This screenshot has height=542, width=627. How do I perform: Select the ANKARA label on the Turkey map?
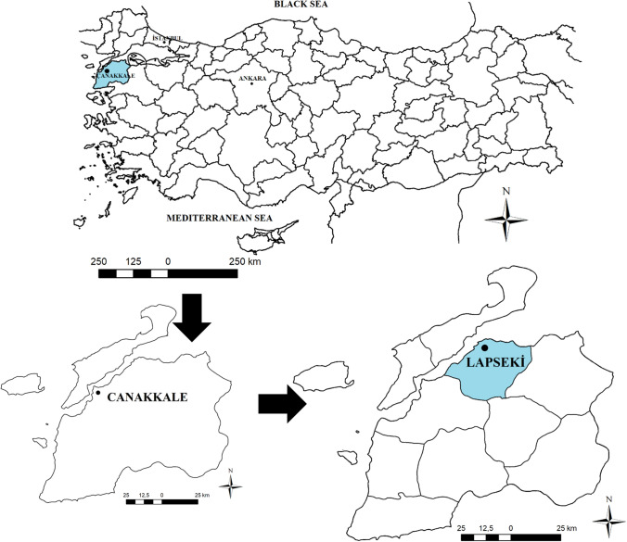pos(252,78)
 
